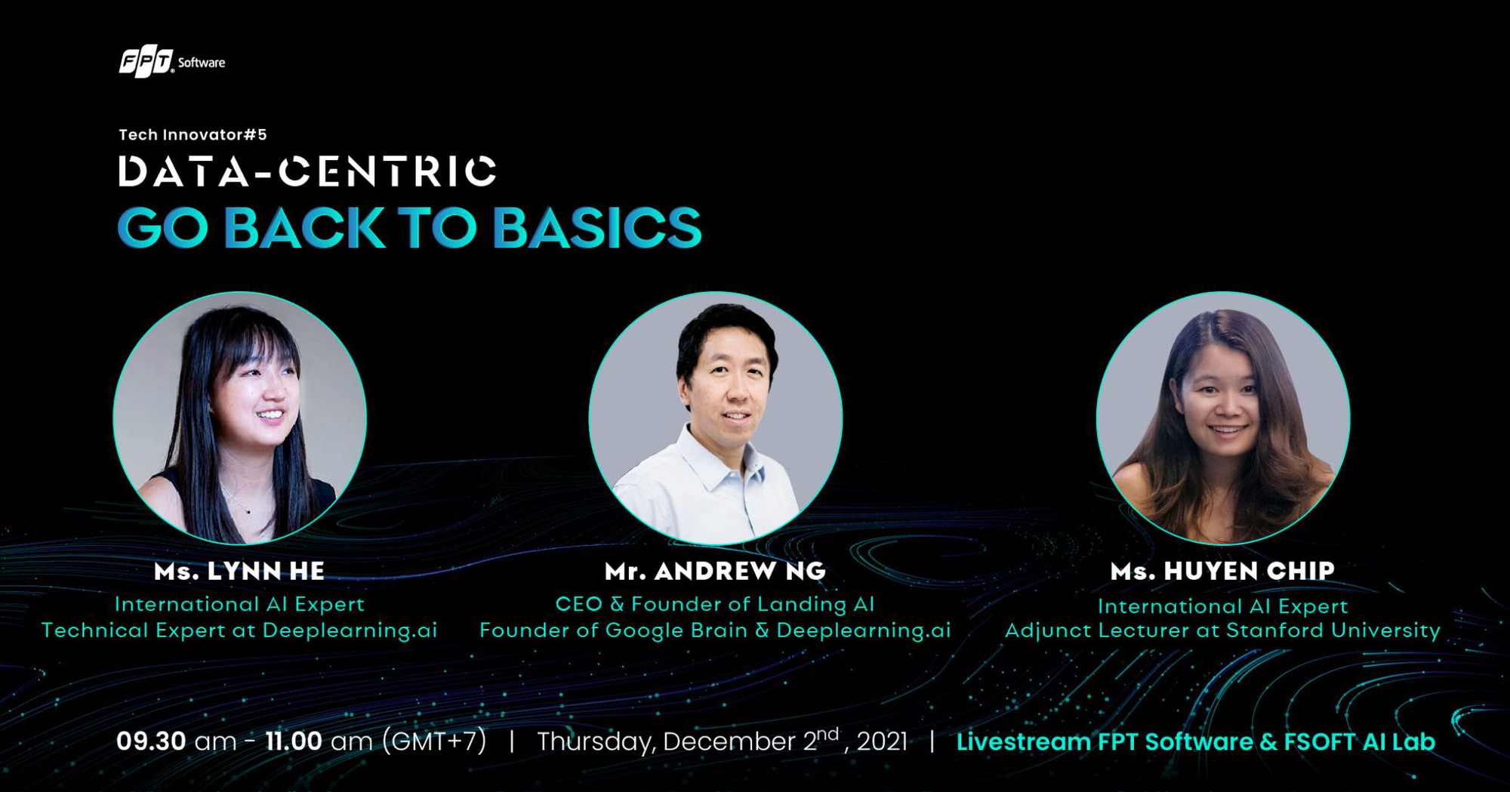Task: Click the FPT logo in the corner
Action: pyautogui.click(x=146, y=62)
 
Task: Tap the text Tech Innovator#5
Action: pyautogui.click(x=193, y=134)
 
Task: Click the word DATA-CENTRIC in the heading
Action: pyautogui.click(x=307, y=171)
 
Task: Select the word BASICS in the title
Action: pyautogui.click(x=597, y=227)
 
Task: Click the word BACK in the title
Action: pyautogui.click(x=304, y=227)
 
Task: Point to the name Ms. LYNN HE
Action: pyautogui.click(x=239, y=571)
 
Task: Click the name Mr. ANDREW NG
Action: pyautogui.click(x=716, y=571)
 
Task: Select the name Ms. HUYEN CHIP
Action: pyautogui.click(x=1223, y=571)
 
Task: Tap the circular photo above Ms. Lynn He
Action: pyautogui.click(x=240, y=418)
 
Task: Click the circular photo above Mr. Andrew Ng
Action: pyautogui.click(x=716, y=418)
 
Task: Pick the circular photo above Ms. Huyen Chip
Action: pyautogui.click(x=1223, y=418)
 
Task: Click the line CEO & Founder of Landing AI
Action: pyautogui.click(x=715, y=604)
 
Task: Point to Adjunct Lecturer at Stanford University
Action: pyautogui.click(x=1222, y=630)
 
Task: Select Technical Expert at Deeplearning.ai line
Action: pyautogui.click(x=239, y=630)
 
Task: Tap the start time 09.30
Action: pyautogui.click(x=151, y=741)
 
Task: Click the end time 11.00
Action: pyautogui.click(x=294, y=741)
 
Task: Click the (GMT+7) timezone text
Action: pyautogui.click(x=434, y=741)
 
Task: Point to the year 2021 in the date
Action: pyautogui.click(x=882, y=741)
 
